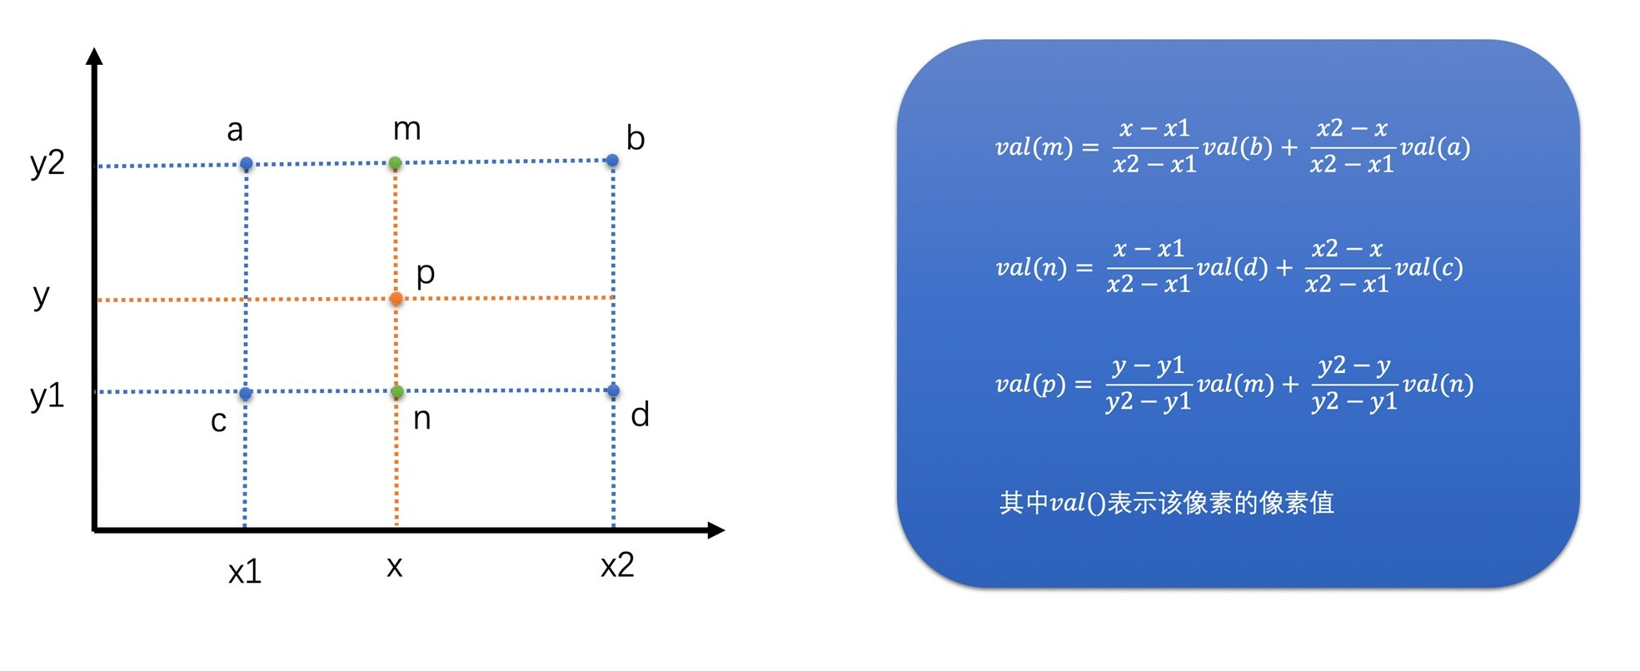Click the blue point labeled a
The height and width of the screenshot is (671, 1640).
coord(247,164)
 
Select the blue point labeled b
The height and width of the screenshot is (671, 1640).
coord(612,160)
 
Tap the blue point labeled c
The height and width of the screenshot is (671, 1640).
coord(246,393)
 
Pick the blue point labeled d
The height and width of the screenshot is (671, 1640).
coord(613,390)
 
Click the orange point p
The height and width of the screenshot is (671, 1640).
coord(396,298)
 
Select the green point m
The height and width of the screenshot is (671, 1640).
coord(396,163)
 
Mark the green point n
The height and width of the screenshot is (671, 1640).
coord(397,391)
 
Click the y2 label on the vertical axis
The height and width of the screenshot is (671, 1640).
coord(47,162)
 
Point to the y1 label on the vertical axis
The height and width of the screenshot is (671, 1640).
coord(47,395)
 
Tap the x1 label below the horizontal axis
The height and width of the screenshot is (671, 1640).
coord(245,572)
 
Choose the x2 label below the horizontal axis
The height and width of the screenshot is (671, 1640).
coord(617,566)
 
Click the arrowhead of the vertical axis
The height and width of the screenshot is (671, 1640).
coord(94,57)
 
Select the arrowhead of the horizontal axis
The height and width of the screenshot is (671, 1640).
coord(715,529)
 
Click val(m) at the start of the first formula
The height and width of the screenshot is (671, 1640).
coord(1034,148)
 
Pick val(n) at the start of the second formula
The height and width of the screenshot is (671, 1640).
coord(1031,268)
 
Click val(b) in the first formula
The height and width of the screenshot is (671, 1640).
coord(1238,148)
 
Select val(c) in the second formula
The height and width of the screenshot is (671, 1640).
coord(1429,268)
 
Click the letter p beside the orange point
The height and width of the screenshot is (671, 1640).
coord(426,273)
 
